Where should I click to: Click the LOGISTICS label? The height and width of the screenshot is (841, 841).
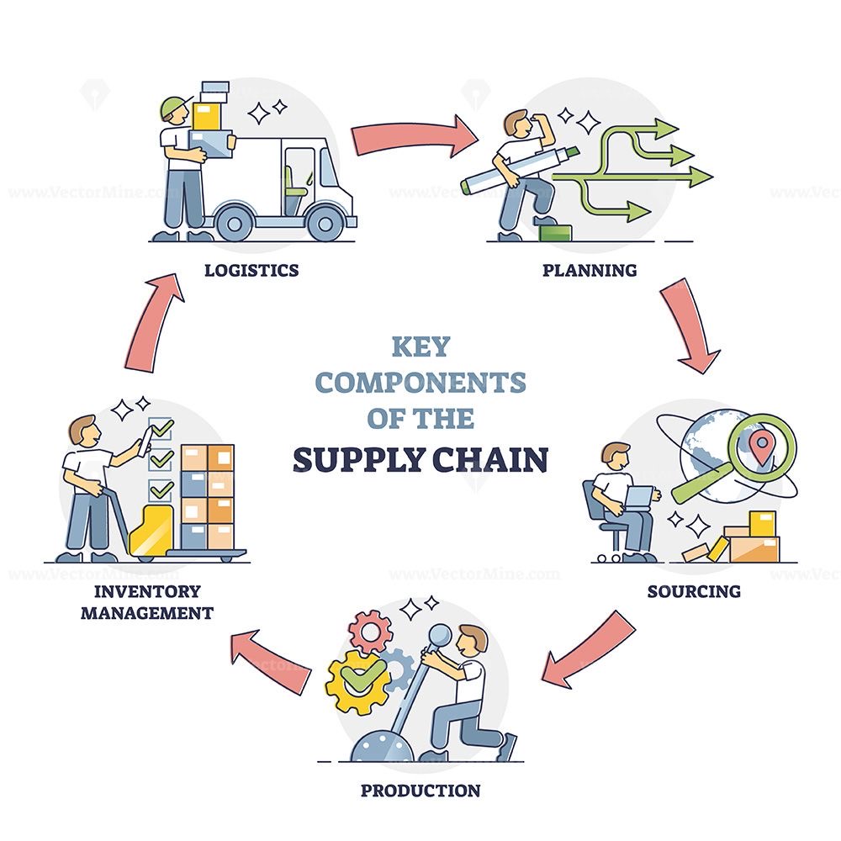tap(251, 270)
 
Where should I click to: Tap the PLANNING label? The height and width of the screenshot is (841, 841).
tap(590, 270)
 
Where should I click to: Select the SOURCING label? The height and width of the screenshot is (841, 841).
tap(694, 591)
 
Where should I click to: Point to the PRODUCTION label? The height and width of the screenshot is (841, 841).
tap(420, 790)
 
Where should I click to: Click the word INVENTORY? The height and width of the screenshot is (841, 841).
tap(147, 591)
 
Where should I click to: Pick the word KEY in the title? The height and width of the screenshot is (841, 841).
tap(420, 346)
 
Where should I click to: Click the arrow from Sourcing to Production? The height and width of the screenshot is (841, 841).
tap(587, 649)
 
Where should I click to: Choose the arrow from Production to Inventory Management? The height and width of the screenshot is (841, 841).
tap(271, 661)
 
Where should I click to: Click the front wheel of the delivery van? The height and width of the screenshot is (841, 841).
tap(325, 223)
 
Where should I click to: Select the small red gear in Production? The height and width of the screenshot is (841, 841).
tap(369, 632)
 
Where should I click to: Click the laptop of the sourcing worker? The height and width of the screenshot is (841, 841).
tap(639, 497)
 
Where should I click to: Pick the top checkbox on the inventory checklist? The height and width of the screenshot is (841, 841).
tap(160, 429)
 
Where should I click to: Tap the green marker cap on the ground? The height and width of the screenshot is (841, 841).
tap(556, 232)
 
